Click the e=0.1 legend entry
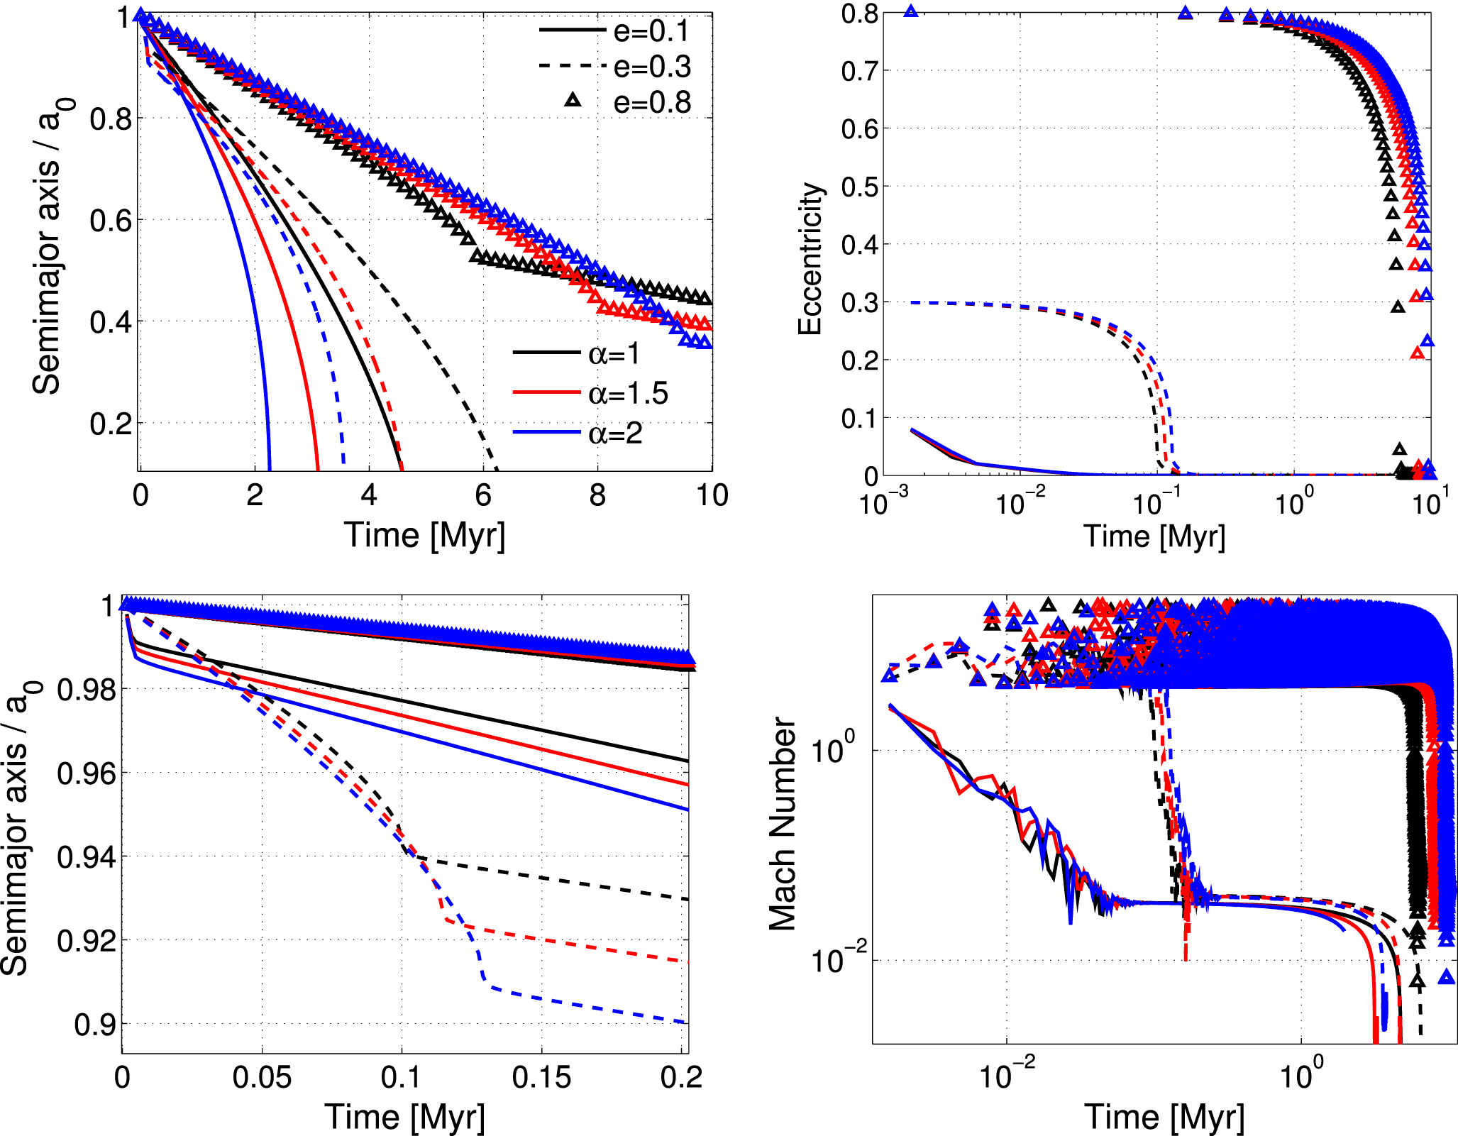614,31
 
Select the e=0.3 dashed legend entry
614,67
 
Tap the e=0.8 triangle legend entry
614,103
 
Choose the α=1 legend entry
589,353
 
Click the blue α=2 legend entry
589,433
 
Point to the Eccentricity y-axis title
810,258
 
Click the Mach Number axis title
783,823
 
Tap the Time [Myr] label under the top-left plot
425,535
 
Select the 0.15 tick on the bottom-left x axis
541,1078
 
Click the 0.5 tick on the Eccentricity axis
858,187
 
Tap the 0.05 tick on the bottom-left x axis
262,1078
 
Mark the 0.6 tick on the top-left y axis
111,221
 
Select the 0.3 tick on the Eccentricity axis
858,303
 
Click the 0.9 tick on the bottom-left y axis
94,1025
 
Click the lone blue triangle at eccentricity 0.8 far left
911,11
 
